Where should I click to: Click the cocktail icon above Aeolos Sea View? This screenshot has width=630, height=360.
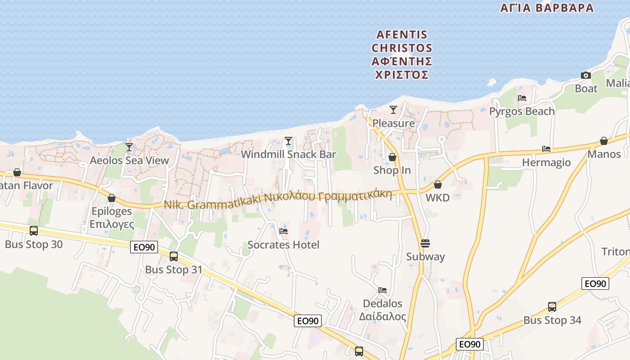click(x=129, y=147)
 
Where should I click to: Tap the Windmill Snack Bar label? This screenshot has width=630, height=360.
click(x=288, y=154)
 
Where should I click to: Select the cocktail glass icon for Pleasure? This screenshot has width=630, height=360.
click(x=393, y=109)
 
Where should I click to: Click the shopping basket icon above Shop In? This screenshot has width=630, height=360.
click(x=392, y=157)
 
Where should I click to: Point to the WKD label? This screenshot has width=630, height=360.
click(x=437, y=198)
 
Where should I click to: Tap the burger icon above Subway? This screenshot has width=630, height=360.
click(x=425, y=243)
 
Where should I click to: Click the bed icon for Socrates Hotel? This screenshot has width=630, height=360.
click(x=283, y=231)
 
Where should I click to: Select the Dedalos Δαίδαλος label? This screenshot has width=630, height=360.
click(x=382, y=310)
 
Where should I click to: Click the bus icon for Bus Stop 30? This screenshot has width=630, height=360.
click(x=34, y=231)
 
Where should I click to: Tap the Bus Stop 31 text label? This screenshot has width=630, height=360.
click(x=174, y=270)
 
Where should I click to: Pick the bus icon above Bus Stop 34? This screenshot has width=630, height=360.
click(x=552, y=307)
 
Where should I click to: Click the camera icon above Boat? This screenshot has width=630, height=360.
click(x=585, y=75)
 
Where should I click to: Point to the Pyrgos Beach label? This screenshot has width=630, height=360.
click(x=522, y=111)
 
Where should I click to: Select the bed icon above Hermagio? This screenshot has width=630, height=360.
click(x=546, y=149)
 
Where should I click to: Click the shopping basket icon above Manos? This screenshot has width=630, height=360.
click(x=604, y=141)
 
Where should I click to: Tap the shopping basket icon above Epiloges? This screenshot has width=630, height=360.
click(x=112, y=198)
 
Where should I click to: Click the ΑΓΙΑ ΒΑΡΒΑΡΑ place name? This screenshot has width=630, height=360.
click(x=547, y=8)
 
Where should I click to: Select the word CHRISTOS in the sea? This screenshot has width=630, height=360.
click(x=402, y=48)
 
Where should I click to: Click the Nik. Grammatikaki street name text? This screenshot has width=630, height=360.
click(x=211, y=204)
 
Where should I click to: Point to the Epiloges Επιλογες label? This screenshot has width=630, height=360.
click(x=112, y=217)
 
